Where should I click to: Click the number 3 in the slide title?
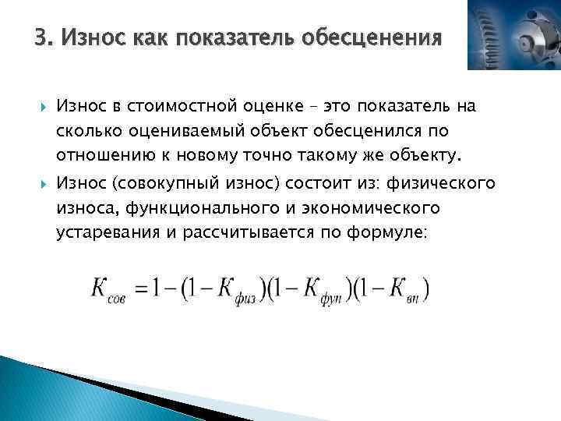pos(41,37)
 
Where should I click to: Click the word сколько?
pos(87,130)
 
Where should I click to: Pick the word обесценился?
pos(373,130)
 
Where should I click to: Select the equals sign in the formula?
pos(141,288)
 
